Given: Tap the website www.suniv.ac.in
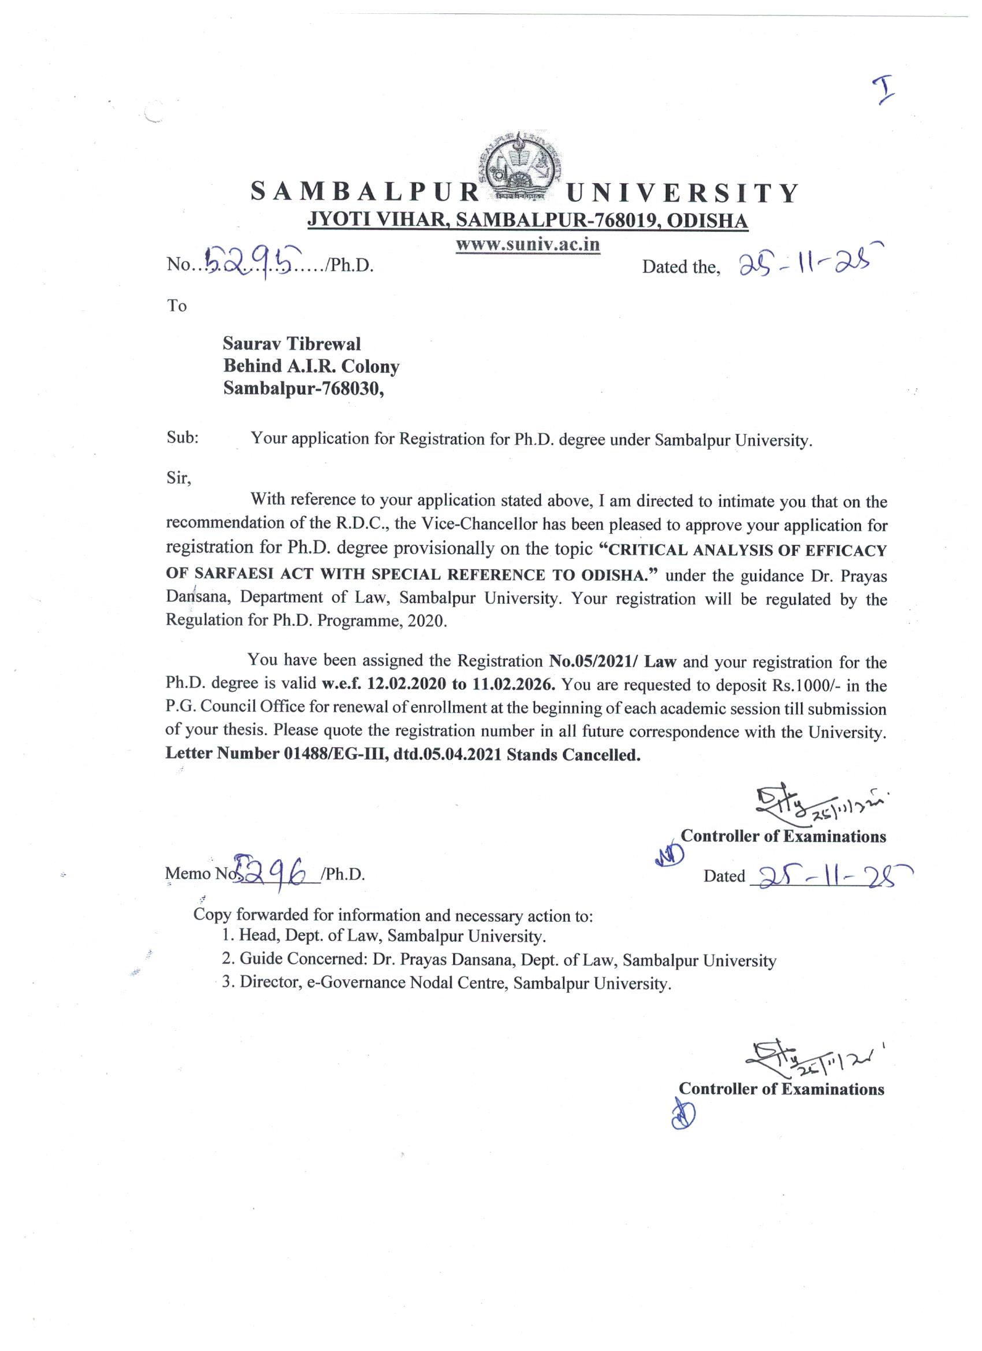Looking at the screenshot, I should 527,246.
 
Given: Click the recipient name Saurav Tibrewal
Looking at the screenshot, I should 292,344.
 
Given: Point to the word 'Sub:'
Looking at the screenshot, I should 182,438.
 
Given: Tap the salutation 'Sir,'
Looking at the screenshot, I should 178,477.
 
